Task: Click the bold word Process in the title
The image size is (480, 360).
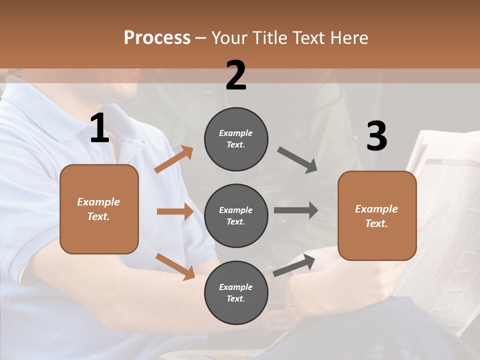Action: [157, 37]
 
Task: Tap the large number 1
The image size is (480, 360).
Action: [99, 128]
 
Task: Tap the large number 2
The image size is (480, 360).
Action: [236, 75]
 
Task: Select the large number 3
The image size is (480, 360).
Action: [376, 136]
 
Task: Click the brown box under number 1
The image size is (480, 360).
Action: [99, 209]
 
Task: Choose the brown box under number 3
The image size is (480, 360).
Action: [377, 215]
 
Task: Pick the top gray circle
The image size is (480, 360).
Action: [236, 139]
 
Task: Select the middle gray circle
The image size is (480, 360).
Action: [236, 215]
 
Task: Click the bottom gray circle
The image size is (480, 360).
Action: [236, 292]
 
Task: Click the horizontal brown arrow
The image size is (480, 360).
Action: [175, 211]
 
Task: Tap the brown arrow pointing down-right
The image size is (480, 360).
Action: [175, 266]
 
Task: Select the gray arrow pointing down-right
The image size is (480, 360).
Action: [297, 160]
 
